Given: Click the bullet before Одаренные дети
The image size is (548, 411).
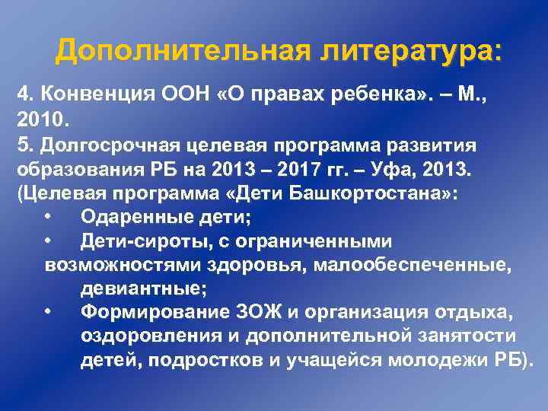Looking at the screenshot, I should (x=48, y=218).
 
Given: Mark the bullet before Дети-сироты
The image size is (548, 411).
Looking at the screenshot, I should (x=48, y=242).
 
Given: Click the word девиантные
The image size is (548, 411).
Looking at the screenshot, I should (x=142, y=289).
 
